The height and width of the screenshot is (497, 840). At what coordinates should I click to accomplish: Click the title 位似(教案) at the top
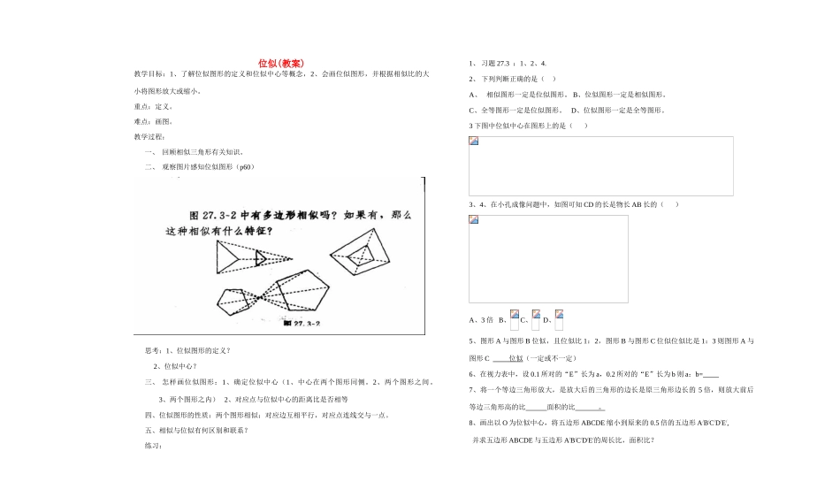281,64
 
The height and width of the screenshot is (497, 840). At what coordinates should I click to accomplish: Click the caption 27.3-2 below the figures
301,324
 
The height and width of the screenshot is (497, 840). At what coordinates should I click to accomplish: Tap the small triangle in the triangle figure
262,258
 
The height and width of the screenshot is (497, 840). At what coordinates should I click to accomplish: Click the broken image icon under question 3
474,141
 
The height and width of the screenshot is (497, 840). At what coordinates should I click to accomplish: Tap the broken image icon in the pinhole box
474,220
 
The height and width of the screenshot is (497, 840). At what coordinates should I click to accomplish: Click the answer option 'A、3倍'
481,320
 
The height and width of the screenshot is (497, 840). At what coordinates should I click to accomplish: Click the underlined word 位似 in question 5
514,358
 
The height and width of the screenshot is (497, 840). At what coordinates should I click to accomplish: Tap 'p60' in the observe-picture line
245,166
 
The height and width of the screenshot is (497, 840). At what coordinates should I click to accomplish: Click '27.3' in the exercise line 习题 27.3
504,64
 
